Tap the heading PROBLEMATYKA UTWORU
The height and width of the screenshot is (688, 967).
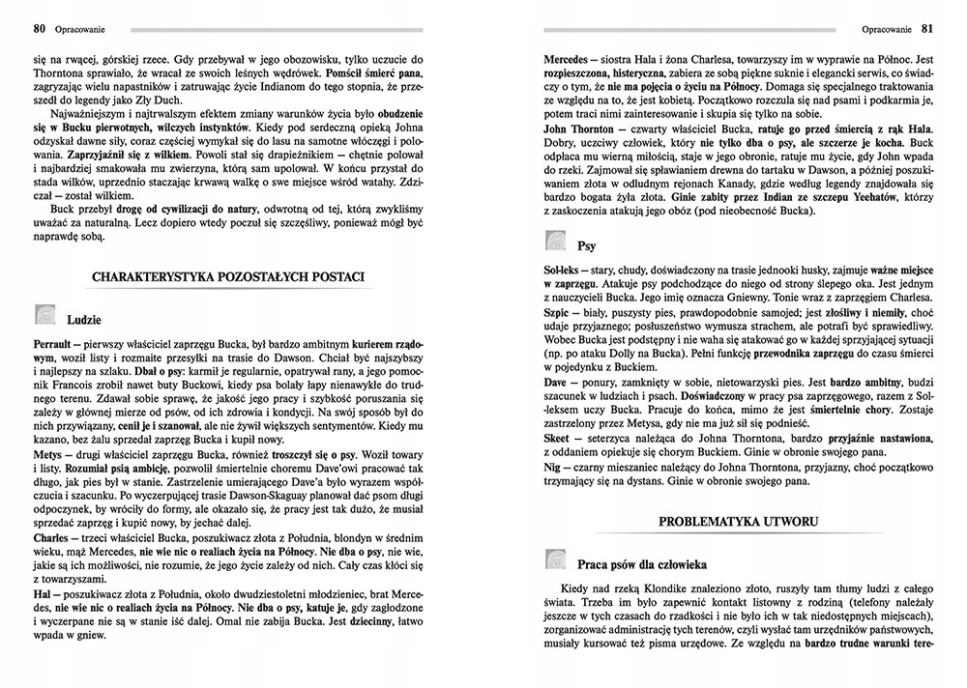(x=738, y=521)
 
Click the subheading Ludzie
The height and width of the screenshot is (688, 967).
(x=85, y=319)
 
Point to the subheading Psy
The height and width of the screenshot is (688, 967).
(x=587, y=245)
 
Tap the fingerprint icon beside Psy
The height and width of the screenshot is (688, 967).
(x=557, y=242)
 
